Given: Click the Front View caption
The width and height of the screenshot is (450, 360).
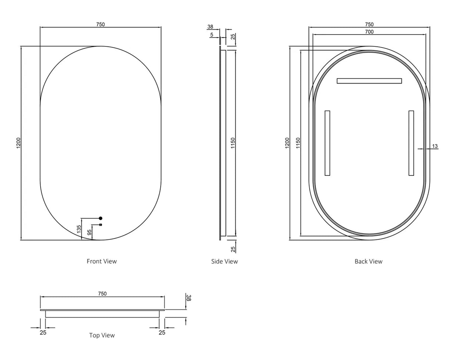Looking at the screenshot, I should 102,261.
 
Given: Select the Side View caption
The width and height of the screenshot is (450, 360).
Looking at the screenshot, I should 224,261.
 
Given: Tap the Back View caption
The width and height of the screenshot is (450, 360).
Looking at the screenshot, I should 368,261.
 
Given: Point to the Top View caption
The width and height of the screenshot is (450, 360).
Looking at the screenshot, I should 102,335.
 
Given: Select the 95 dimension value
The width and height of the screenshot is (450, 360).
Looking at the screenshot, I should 89,232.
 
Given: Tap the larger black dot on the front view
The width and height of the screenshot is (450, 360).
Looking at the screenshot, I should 100,218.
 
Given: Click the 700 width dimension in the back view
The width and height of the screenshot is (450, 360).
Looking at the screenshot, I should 369,32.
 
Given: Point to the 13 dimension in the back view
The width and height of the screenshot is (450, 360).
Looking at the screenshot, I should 435,146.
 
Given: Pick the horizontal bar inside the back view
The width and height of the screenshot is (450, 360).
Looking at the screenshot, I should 369,81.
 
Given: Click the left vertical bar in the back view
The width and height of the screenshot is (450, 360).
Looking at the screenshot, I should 327,143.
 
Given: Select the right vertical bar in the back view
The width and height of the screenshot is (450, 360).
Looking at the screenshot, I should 411,143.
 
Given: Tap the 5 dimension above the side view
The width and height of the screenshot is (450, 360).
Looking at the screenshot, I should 212,35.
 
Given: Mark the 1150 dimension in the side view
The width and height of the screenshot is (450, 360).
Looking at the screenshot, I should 233,143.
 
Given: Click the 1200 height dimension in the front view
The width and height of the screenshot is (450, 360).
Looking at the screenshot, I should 18,143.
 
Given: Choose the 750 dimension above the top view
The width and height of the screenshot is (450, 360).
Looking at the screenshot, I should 102,294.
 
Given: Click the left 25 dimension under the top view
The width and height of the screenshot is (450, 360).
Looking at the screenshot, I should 43,333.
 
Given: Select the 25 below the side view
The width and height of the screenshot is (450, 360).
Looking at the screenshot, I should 233,249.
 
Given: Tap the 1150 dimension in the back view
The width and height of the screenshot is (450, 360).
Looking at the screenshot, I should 298,143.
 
